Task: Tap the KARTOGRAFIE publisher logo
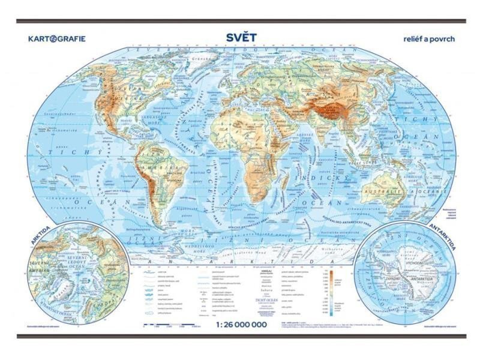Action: click(57, 39)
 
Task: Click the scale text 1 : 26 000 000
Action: click(239, 325)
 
